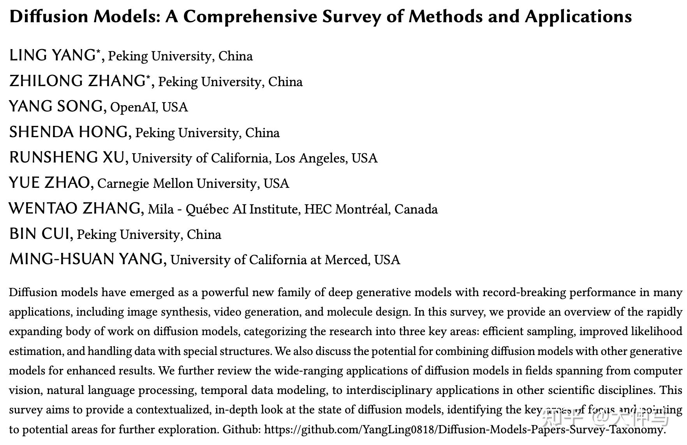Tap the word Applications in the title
tap(578, 17)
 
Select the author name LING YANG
tap(52, 55)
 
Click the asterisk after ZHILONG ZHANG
tap(148, 77)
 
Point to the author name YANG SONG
tap(56, 106)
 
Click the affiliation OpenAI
tap(132, 107)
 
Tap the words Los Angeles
tap(311, 158)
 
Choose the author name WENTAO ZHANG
tap(74, 208)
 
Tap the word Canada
tap(416, 209)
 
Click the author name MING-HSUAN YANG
tap(86, 259)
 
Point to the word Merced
tap(347, 260)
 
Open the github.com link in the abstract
tap(464, 429)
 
